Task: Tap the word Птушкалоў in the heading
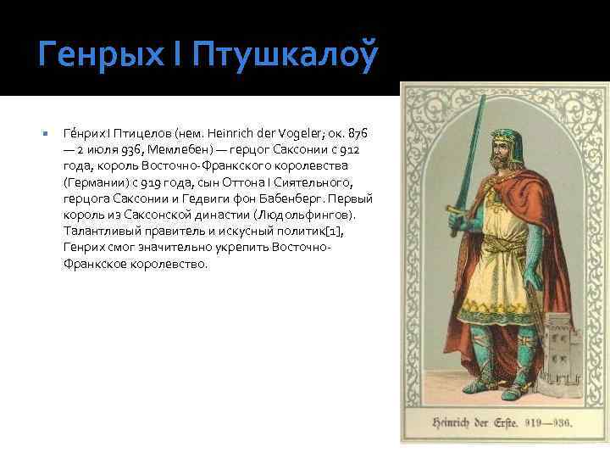click(284, 56)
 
